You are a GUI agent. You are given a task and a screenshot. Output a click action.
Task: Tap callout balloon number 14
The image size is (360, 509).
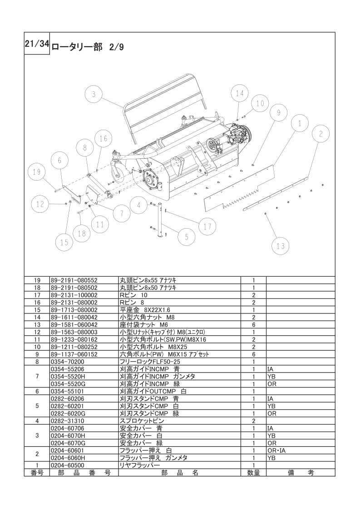(x=239, y=93)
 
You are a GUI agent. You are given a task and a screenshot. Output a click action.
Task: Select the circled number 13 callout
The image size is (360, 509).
(x=281, y=246)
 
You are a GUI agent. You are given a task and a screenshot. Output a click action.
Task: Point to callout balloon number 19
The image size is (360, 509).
(x=37, y=172)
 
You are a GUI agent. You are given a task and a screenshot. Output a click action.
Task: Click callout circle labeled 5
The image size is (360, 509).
(x=187, y=236)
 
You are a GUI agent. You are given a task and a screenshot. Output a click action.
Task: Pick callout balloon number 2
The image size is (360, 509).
(x=321, y=133)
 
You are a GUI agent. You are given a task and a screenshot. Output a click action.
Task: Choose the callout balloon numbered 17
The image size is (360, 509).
(x=207, y=226)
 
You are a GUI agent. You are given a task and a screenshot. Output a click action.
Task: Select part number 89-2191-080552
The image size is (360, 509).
(x=74, y=280)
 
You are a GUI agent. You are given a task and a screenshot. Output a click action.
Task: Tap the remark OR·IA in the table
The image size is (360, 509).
(x=276, y=450)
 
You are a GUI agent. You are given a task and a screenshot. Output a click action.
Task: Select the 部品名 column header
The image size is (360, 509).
(x=179, y=472)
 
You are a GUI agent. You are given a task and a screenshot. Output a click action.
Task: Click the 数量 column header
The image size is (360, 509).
(x=253, y=472)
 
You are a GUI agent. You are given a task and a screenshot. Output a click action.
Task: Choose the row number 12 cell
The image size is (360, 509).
(x=37, y=332)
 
